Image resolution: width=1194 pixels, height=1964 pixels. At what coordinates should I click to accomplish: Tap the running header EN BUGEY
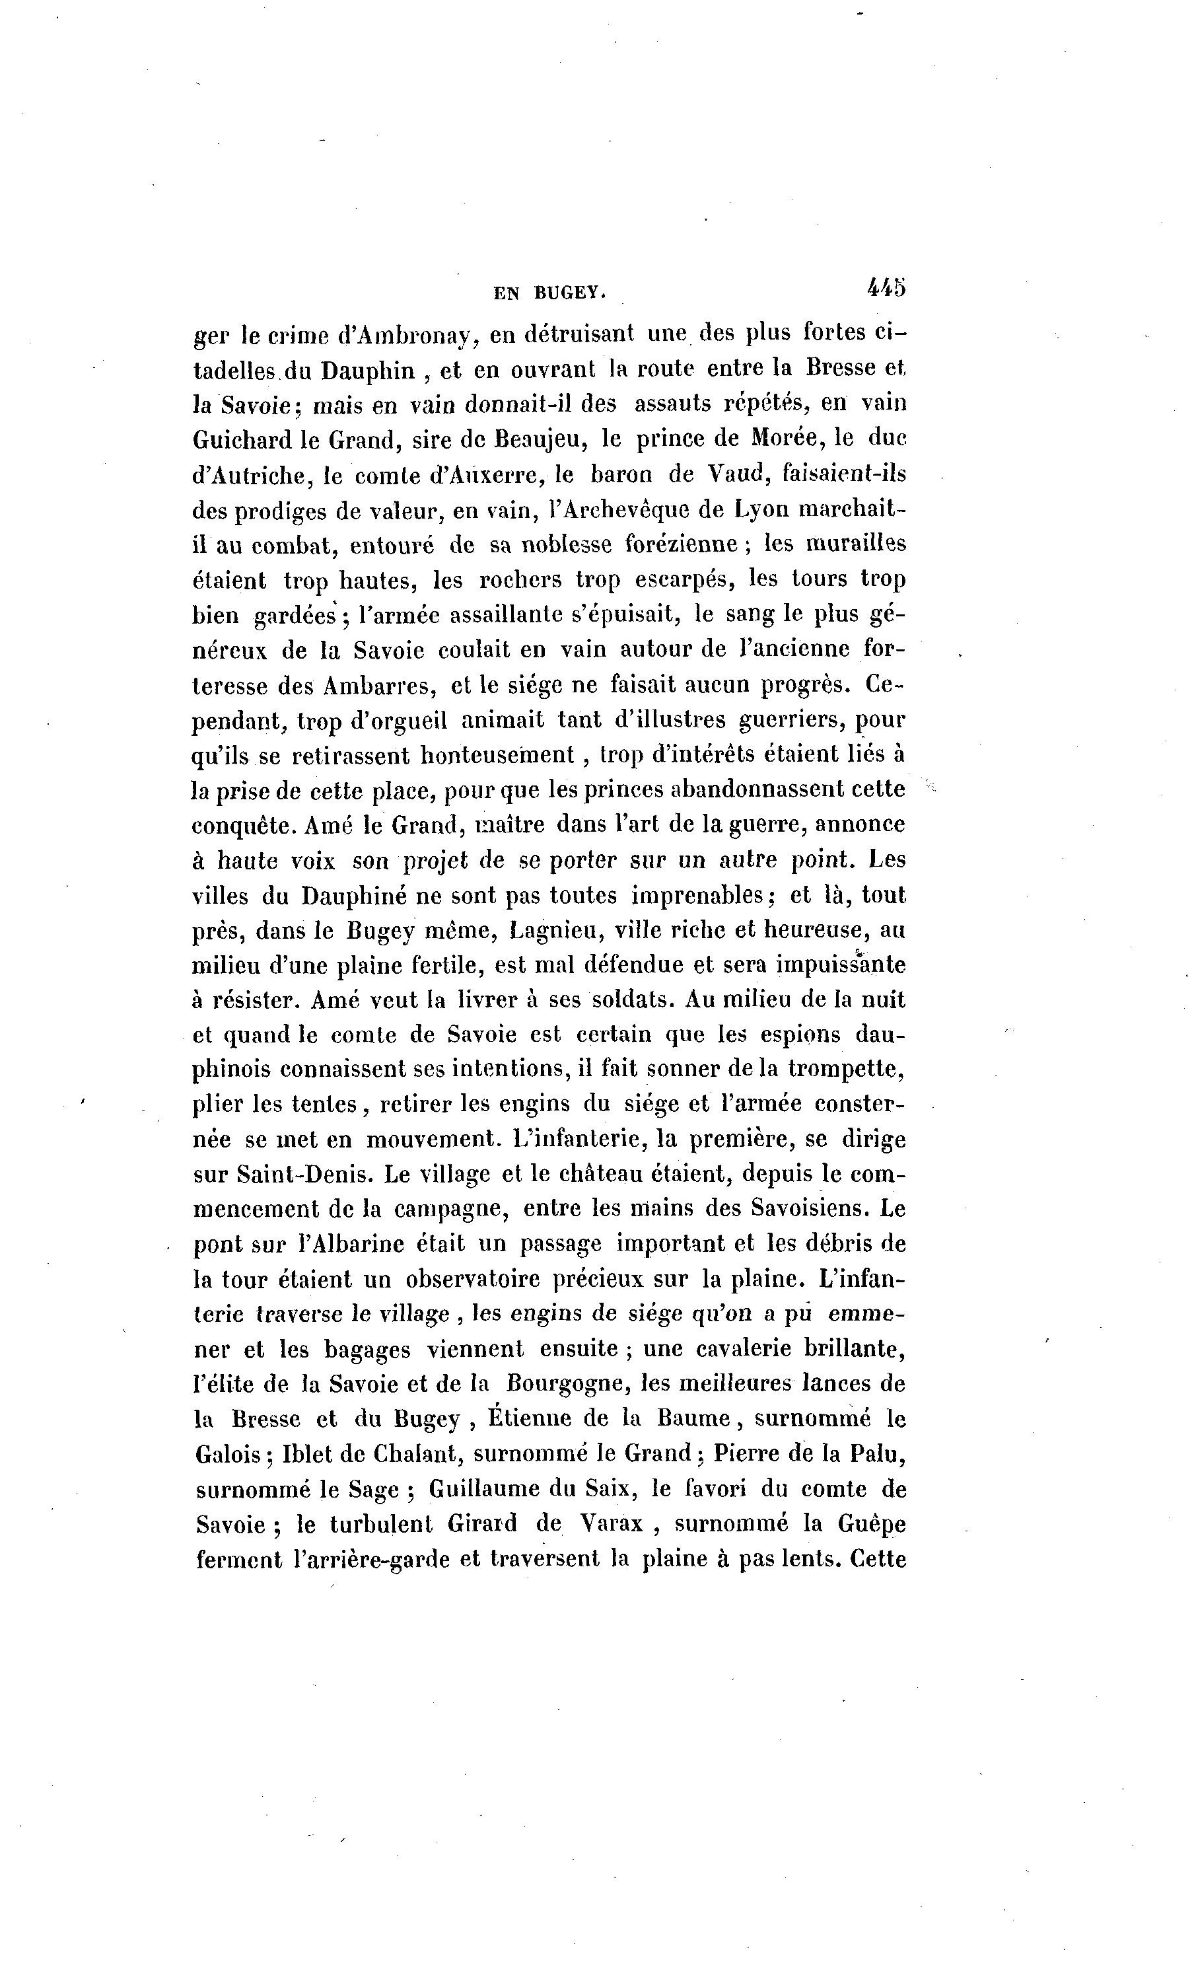549,293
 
